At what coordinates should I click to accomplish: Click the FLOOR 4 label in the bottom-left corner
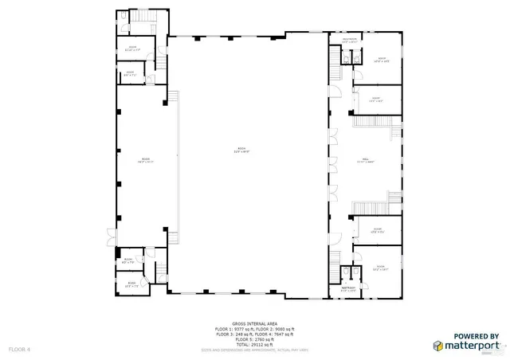[19, 349]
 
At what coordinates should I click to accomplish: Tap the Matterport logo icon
[438, 346]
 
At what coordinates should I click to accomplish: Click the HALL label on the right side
[366, 160]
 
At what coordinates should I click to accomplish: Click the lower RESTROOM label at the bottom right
[348, 288]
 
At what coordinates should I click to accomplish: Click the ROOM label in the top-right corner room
[382, 59]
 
